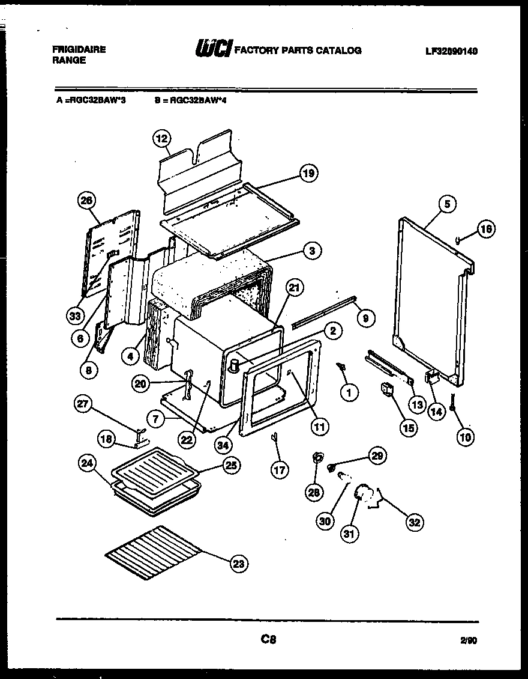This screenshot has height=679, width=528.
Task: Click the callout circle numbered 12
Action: point(160,139)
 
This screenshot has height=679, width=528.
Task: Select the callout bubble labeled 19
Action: point(308,174)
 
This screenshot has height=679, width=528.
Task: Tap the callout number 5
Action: point(447,204)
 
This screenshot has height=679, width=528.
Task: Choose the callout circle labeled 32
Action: point(414,522)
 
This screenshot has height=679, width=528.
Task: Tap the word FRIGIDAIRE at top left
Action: point(79,50)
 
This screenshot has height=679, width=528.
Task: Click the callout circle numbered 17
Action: point(280,469)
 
